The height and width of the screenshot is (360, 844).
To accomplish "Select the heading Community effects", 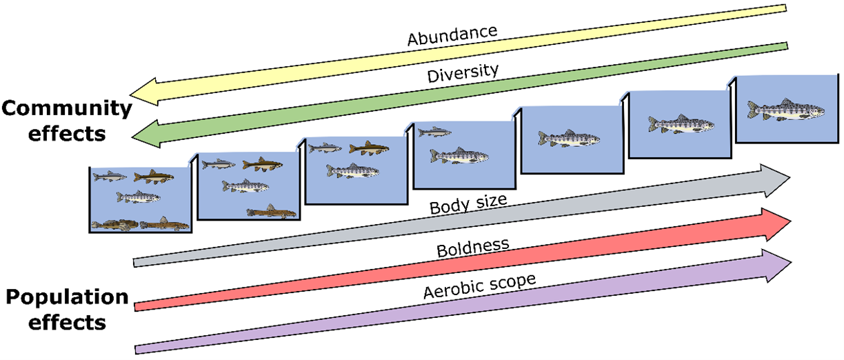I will [66, 120].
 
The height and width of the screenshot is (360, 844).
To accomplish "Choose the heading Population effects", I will [67, 310].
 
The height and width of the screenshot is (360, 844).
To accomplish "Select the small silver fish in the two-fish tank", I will [434, 132].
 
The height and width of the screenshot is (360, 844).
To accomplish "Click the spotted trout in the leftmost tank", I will [138, 197].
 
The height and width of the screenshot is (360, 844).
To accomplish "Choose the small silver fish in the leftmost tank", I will [110, 177].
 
